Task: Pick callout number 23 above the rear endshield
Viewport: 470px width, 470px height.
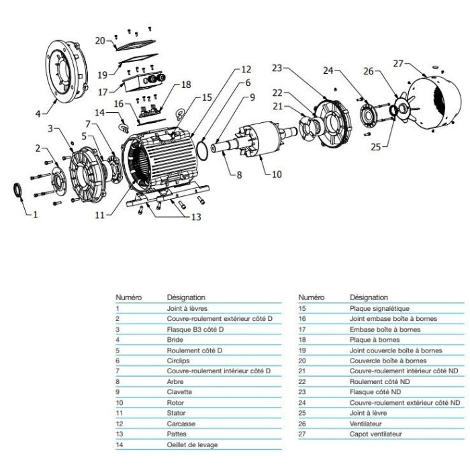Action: (279, 68)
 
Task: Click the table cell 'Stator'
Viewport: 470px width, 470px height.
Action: (176, 413)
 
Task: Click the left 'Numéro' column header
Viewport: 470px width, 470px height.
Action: (127, 297)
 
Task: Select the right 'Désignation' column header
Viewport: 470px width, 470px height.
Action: (368, 297)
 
